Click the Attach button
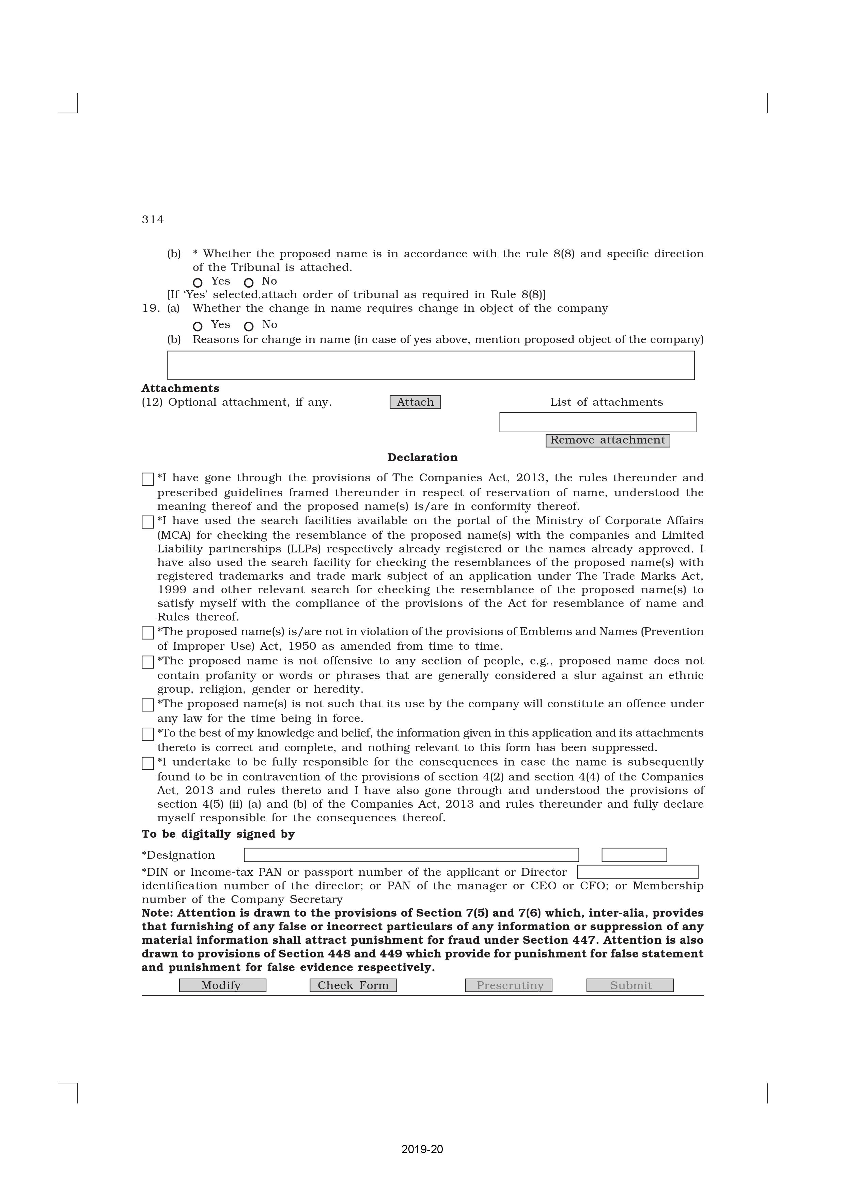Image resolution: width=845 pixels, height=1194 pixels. pos(415,402)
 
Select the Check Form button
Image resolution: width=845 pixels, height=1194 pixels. pos(353,985)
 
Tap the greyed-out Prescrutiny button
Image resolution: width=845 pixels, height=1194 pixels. pos(508,985)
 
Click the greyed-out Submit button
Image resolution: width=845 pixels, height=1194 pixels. pos(630,985)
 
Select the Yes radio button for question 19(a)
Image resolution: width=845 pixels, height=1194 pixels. pos(198,327)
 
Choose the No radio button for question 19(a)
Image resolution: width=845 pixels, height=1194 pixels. pos(249,327)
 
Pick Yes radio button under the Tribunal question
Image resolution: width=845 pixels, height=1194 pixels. pos(198,283)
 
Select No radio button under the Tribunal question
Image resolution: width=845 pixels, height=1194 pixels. pos(249,283)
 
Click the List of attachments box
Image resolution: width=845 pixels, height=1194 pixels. pos(597,422)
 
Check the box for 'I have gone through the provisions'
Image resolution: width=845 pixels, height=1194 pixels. pos(148,479)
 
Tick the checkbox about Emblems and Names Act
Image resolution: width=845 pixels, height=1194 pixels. pos(148,633)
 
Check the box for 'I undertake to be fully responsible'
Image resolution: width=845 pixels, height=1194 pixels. pos(148,763)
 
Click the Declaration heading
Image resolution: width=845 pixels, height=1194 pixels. pos(422,458)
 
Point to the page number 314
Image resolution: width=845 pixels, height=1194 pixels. pos(153,220)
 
